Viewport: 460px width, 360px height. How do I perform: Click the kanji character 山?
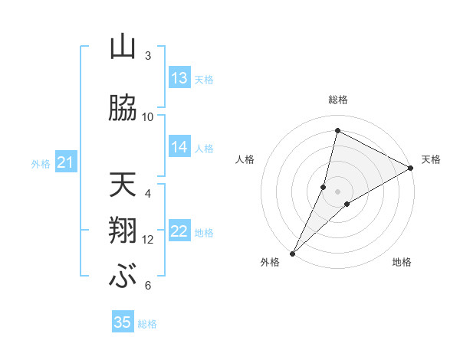[123, 47]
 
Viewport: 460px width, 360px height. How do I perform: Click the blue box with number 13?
[179, 78]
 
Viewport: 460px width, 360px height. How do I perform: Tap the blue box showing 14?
[179, 147]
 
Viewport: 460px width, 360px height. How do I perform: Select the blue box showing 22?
[179, 232]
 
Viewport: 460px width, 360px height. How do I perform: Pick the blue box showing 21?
[65, 162]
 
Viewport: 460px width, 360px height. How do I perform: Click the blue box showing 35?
[123, 322]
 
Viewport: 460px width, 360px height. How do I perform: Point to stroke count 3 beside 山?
[148, 56]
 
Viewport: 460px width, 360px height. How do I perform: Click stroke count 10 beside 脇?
[148, 116]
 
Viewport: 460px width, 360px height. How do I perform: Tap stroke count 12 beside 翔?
[148, 239]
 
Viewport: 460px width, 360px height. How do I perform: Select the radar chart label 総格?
[337, 100]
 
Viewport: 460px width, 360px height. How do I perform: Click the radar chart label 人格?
[245, 159]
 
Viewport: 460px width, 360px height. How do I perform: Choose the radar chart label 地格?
[402, 262]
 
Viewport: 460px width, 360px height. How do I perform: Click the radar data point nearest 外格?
[292, 253]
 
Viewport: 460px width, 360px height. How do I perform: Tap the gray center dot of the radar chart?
[337, 191]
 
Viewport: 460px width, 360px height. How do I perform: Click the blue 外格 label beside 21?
[41, 163]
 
